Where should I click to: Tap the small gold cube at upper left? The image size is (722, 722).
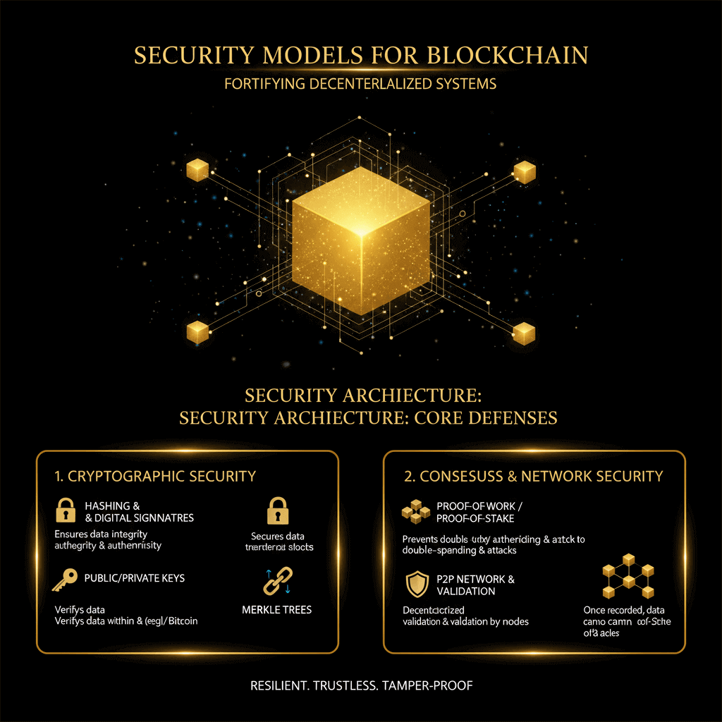tap(197, 169)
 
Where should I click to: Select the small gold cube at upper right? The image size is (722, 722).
tap(524, 171)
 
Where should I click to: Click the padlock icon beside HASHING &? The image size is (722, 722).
tap(66, 510)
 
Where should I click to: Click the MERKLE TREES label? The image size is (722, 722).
tap(276, 609)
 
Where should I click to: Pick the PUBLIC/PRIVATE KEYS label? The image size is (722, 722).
tap(135, 578)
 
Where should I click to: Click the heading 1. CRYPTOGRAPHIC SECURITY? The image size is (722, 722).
tap(155, 477)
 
